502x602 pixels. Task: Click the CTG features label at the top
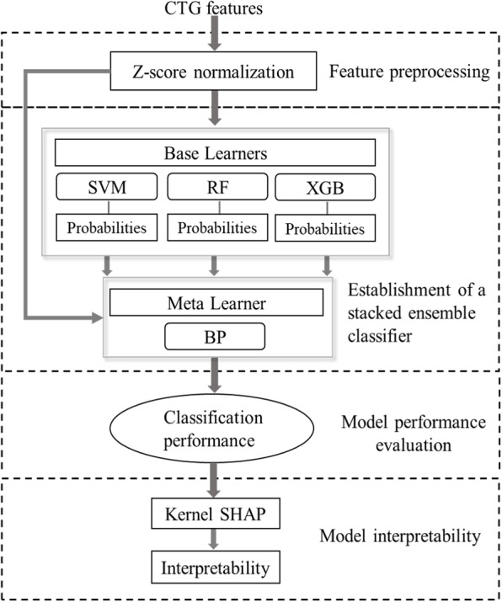pyautogui.click(x=216, y=10)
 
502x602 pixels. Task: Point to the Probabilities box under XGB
pyautogui.click(x=325, y=228)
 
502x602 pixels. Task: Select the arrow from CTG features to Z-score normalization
pyautogui.click(x=216, y=34)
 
